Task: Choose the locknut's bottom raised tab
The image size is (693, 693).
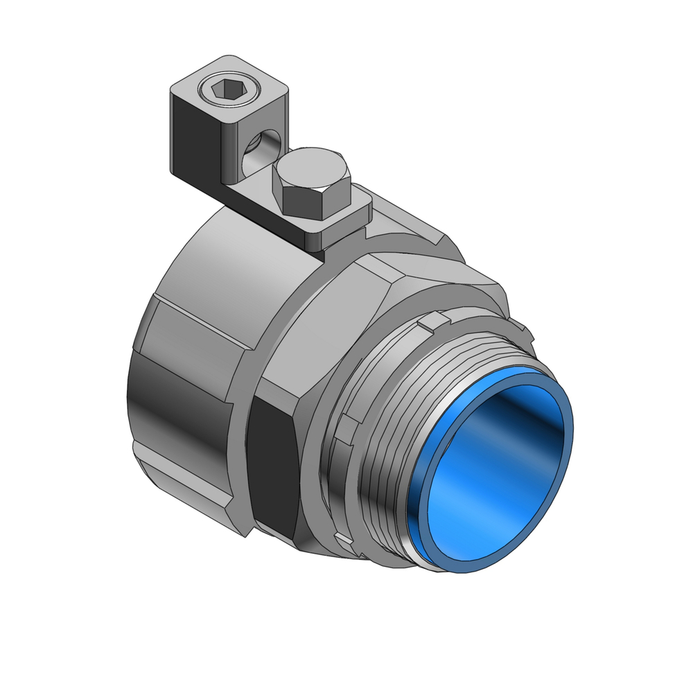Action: click(341, 537)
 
